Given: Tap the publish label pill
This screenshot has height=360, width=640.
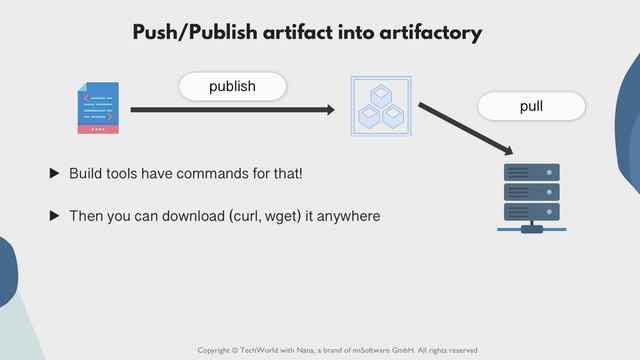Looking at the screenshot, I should [232, 87].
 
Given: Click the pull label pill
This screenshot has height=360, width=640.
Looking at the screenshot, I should [531, 106].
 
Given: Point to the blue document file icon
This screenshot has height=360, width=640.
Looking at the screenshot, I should [98, 108].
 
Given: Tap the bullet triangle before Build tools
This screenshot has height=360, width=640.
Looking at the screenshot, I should [55, 174].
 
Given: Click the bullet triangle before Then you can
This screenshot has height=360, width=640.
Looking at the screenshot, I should [55, 215].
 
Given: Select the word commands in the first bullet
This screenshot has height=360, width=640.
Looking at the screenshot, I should [218, 174].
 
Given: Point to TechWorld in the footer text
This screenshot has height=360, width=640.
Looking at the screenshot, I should [261, 350].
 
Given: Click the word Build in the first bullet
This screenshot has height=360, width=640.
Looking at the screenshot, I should [85, 174].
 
